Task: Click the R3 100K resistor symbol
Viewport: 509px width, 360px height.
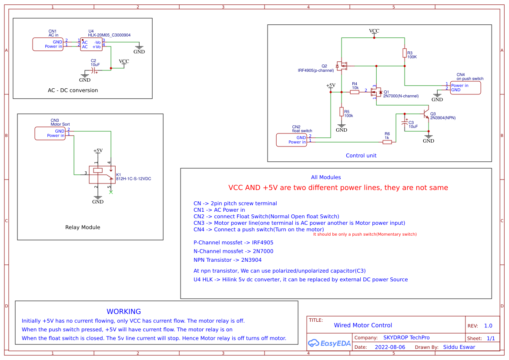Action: pyautogui.click(x=405, y=53)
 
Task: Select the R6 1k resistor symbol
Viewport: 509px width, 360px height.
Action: pyautogui.click(x=387, y=142)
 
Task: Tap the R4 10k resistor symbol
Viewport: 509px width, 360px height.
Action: pyautogui.click(x=355, y=92)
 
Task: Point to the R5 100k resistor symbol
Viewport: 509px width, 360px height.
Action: pyautogui.click(x=342, y=111)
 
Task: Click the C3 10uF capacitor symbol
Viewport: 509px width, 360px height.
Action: pyautogui.click(x=405, y=123)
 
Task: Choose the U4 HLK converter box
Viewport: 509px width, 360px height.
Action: pyautogui.click(x=91, y=44)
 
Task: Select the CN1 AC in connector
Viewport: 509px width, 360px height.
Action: pyautogui.click(x=48, y=44)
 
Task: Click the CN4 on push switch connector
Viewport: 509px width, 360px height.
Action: pyautogui.click(x=465, y=88)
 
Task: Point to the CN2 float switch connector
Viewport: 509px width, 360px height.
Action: pyautogui.click(x=292, y=140)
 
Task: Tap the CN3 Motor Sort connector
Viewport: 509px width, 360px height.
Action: pyautogui.click(x=50, y=133)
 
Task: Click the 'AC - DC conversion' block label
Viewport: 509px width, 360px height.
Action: pyautogui.click(x=73, y=90)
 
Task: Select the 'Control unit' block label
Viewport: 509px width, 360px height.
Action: pyautogui.click(x=361, y=156)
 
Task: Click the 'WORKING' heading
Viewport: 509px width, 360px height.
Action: pyautogui.click(x=124, y=311)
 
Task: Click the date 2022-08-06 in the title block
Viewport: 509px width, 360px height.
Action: pyautogui.click(x=389, y=347)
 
